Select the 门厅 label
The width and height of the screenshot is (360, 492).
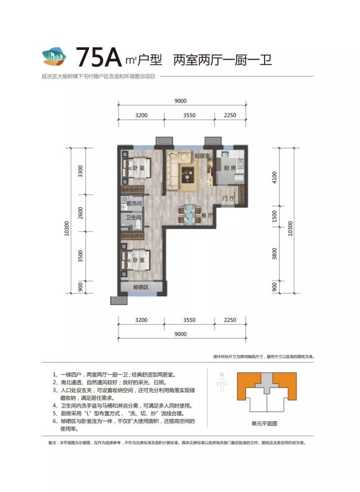227,198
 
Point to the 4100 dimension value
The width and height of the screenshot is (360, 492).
275,178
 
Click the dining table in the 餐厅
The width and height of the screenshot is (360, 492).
188,214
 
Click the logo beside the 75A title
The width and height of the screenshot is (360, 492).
54,57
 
